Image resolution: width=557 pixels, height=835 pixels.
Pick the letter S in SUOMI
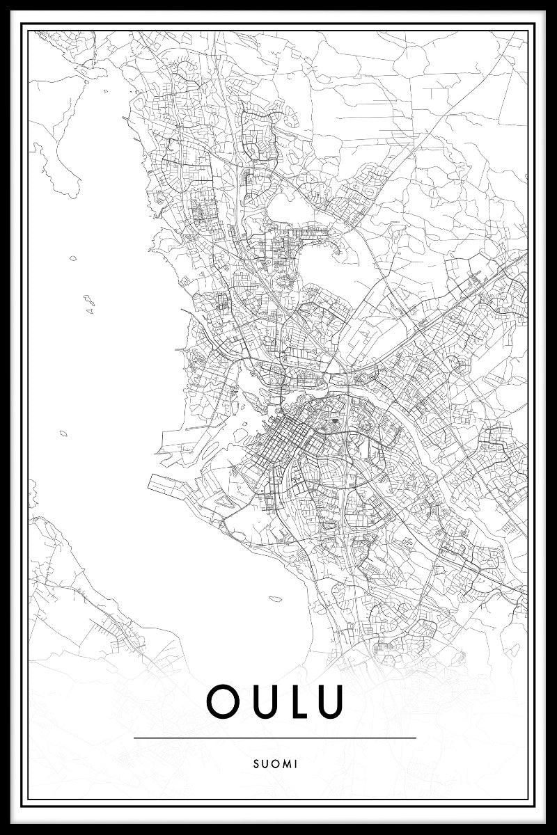[x=259, y=763]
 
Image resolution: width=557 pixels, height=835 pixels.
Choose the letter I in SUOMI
[x=297, y=763]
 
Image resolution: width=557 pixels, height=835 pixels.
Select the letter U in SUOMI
[x=268, y=763]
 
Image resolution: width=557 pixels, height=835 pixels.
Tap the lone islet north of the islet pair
[x=73, y=259]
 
